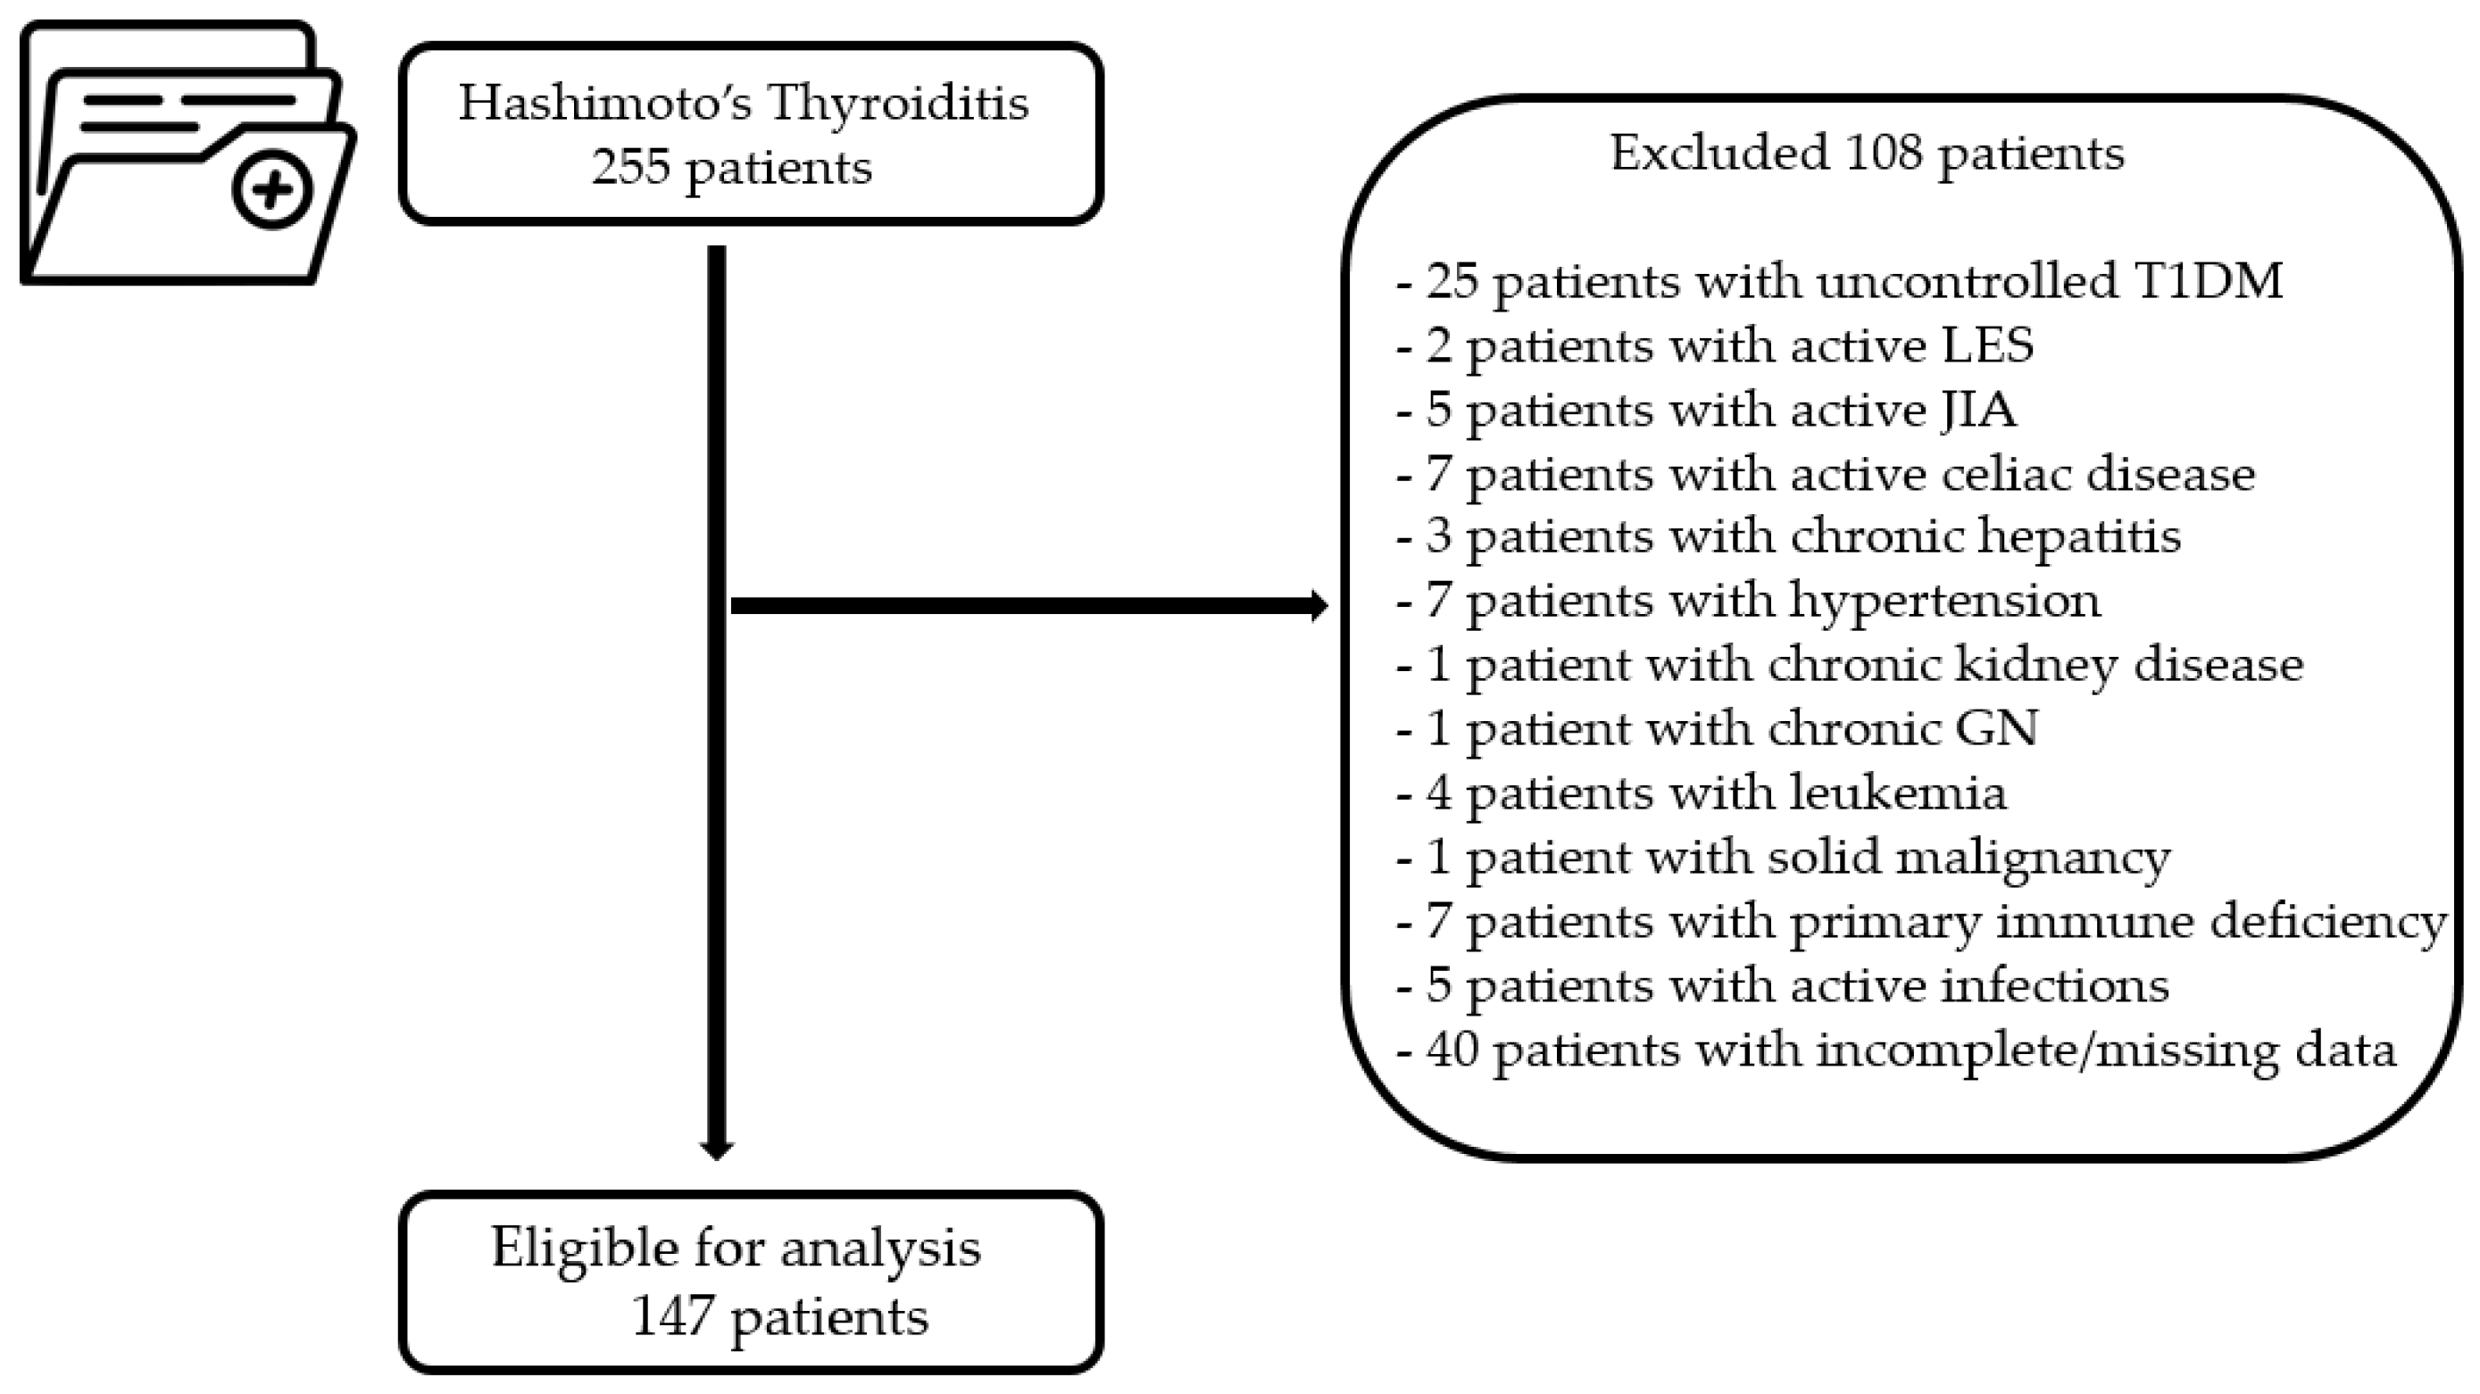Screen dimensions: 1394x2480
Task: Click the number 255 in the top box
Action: (x=630, y=168)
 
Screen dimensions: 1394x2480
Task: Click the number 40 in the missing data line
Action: (x=1452, y=1050)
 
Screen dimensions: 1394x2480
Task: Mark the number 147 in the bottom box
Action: (x=672, y=1316)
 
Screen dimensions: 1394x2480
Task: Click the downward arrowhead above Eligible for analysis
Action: (x=716, y=1150)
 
